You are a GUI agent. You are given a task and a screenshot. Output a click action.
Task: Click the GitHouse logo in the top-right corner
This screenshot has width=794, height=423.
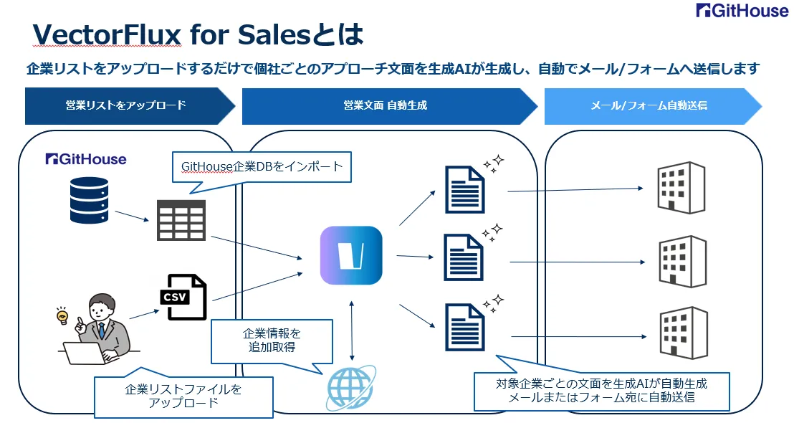(x=742, y=10)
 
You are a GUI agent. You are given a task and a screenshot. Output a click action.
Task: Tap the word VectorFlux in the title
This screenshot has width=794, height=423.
(x=106, y=35)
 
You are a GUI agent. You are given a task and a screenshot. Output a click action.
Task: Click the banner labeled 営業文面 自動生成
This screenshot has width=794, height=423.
(x=389, y=106)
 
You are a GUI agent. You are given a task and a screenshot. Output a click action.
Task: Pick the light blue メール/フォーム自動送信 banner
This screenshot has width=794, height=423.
(x=653, y=106)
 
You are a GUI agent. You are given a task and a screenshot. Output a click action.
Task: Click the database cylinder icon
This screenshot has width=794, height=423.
(x=89, y=200)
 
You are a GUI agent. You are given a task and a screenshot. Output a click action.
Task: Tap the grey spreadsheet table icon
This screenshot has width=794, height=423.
(x=181, y=220)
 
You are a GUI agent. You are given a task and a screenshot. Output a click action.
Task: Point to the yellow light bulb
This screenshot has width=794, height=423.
(x=62, y=315)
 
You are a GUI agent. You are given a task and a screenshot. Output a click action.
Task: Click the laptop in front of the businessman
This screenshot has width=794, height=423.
(x=86, y=353)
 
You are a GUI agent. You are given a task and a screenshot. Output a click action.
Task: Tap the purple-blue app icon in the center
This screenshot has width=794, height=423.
(x=351, y=255)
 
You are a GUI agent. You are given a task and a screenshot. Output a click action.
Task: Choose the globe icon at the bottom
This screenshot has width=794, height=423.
(x=350, y=388)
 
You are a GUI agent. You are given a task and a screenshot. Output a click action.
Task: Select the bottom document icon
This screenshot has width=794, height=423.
(x=465, y=327)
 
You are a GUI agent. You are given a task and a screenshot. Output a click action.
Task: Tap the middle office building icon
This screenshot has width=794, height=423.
(x=682, y=262)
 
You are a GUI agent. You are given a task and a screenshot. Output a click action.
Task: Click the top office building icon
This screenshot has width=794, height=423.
(x=681, y=187)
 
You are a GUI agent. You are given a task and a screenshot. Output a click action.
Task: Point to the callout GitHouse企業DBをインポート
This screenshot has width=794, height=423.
(x=262, y=166)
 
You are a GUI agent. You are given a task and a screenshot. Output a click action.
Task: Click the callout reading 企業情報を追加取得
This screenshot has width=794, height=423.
(x=272, y=341)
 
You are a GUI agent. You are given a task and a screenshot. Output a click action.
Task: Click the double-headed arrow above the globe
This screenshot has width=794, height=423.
(x=351, y=331)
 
